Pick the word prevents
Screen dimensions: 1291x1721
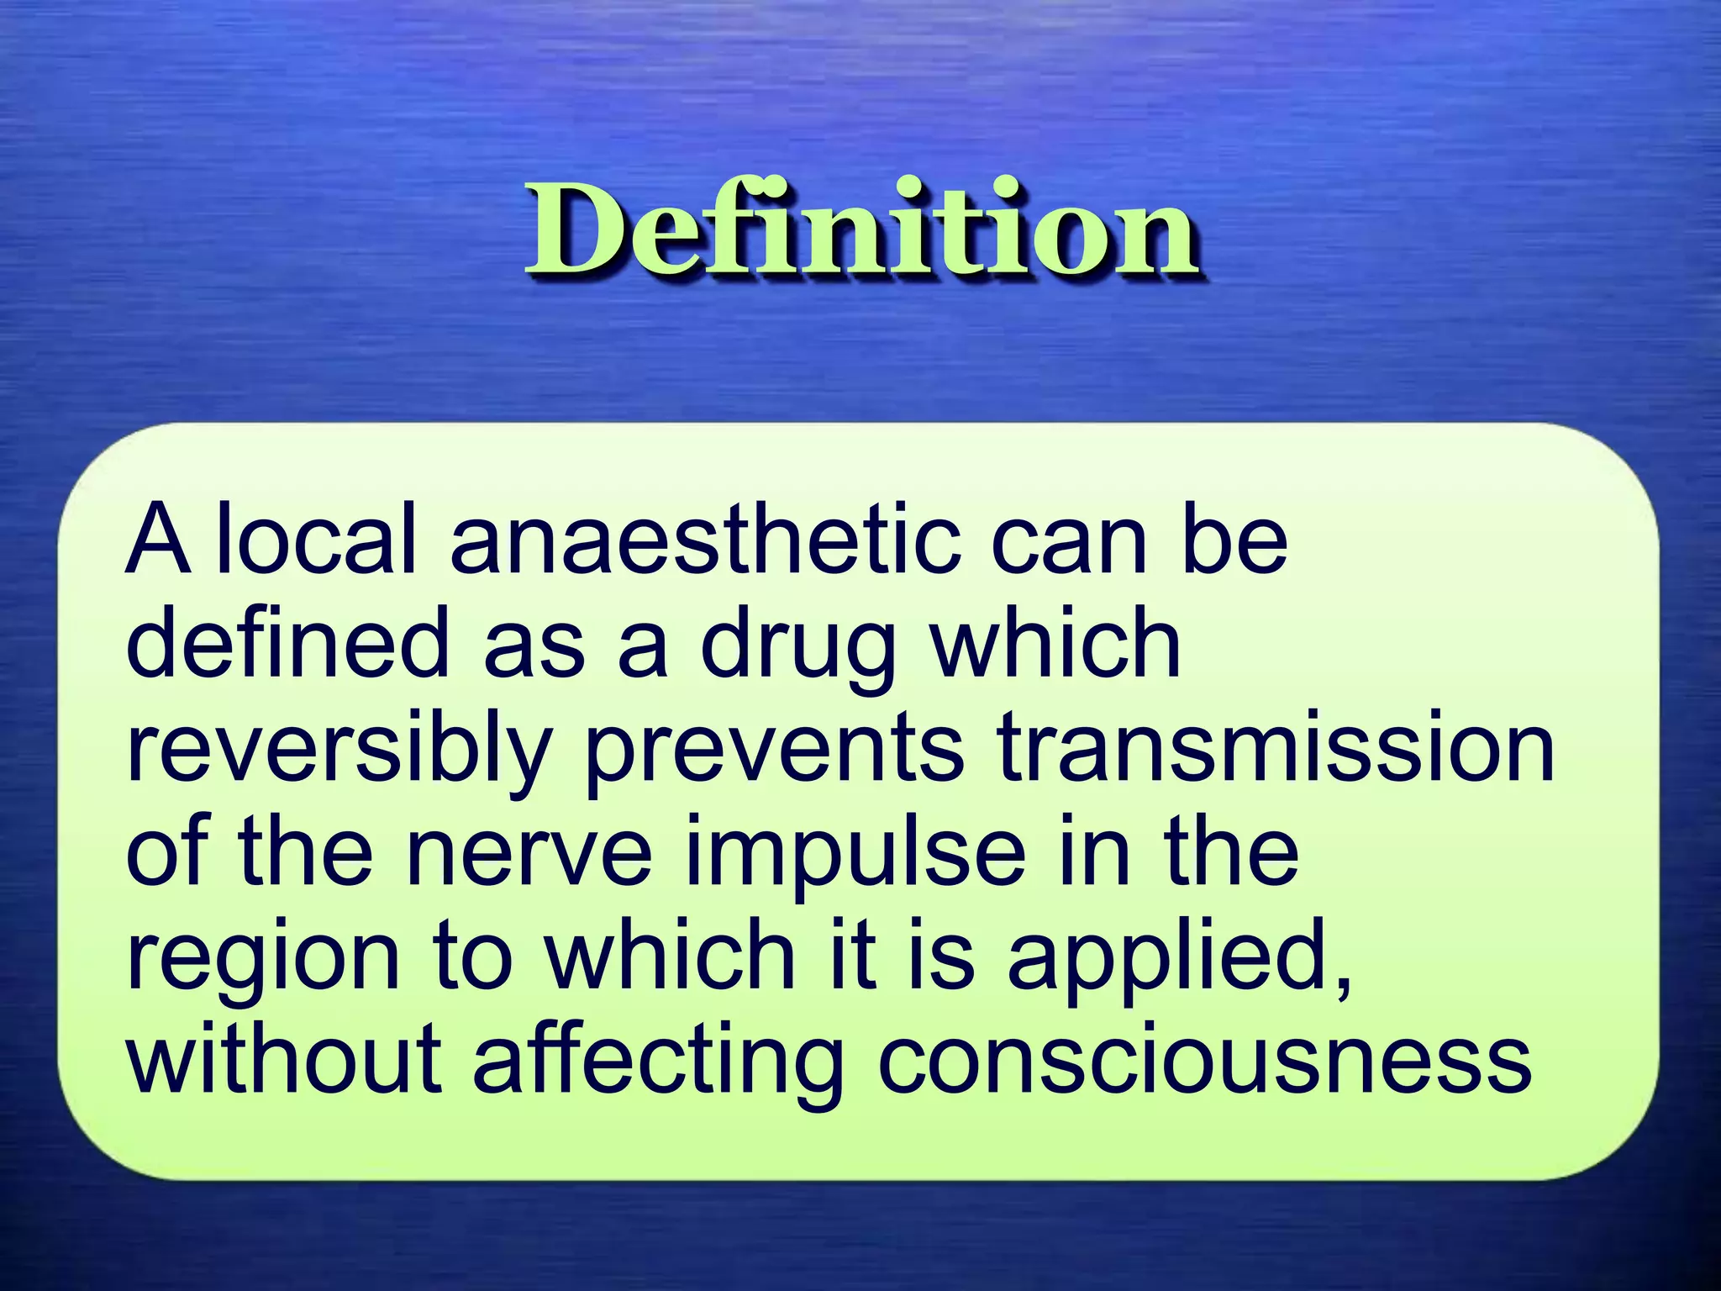click(x=774, y=750)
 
